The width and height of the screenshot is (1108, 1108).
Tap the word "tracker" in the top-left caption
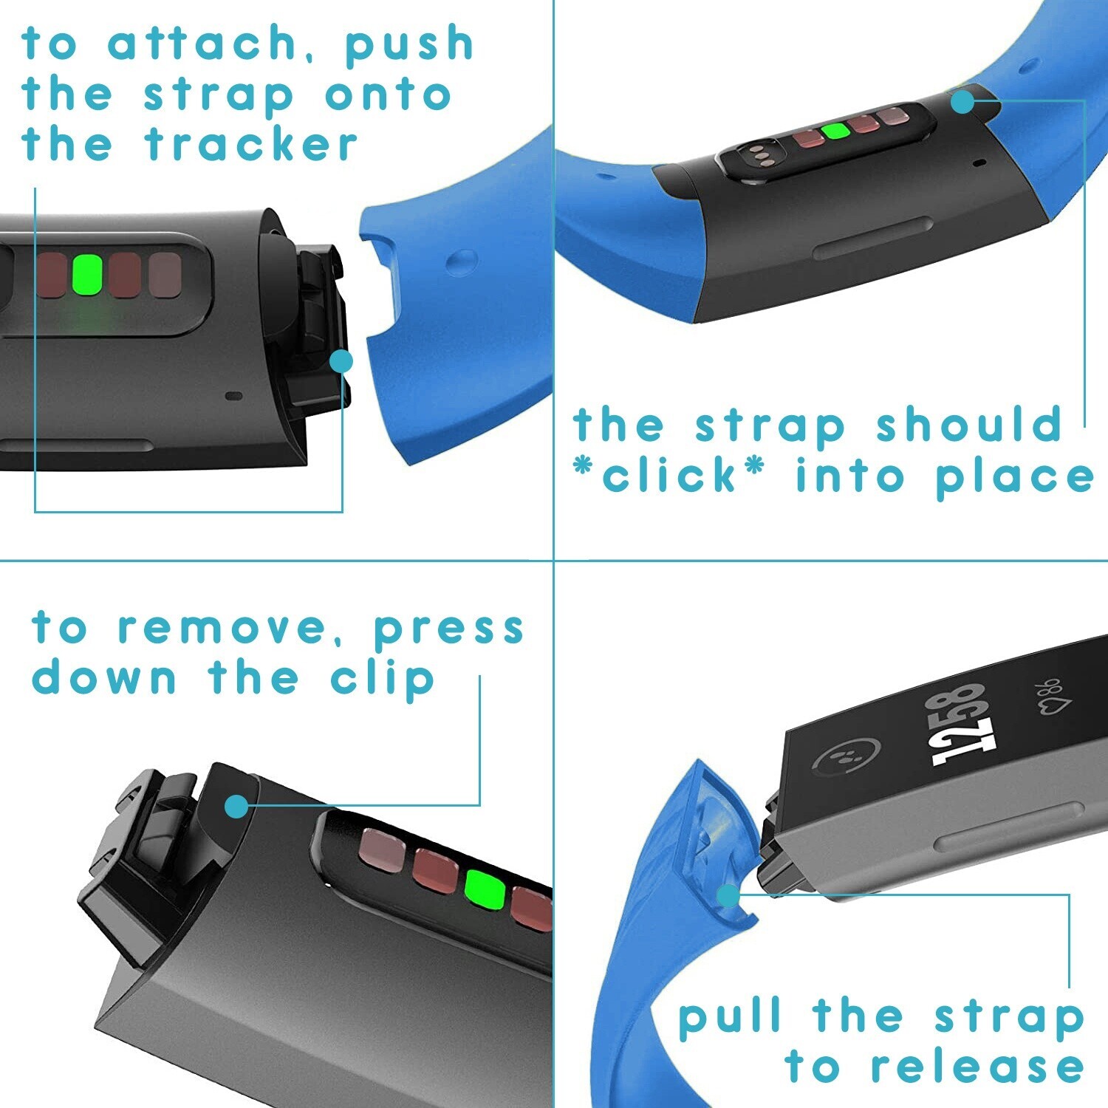click(x=252, y=144)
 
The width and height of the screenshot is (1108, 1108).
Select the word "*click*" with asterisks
click(x=669, y=475)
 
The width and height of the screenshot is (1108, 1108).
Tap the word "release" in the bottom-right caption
click(x=977, y=1067)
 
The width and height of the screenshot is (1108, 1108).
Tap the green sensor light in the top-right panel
click(x=835, y=131)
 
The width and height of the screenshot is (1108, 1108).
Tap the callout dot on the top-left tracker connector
click(x=341, y=361)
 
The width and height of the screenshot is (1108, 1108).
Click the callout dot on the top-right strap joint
click(x=962, y=102)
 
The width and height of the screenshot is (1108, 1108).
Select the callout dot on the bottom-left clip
click(x=236, y=807)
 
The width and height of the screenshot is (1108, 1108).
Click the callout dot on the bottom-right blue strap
click(x=728, y=896)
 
